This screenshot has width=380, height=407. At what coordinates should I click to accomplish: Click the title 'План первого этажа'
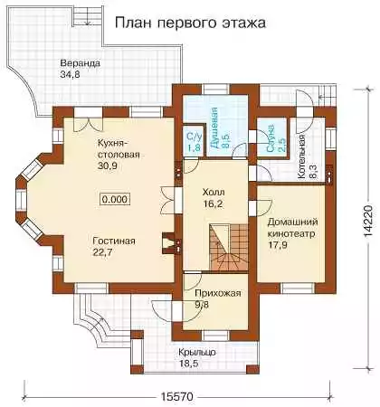click(x=190, y=24)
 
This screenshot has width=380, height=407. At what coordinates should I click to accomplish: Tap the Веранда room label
click(x=80, y=63)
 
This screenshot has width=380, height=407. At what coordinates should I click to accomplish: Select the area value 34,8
click(x=70, y=75)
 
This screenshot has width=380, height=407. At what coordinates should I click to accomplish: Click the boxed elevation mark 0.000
click(x=116, y=199)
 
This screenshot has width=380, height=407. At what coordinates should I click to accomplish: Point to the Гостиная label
click(x=114, y=241)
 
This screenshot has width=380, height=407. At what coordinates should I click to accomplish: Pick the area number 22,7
click(x=102, y=252)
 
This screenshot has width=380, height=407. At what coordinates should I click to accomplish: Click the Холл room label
click(x=214, y=192)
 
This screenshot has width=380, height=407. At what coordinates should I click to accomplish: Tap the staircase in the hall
click(x=229, y=247)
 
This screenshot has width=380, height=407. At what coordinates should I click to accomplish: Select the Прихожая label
click(x=218, y=293)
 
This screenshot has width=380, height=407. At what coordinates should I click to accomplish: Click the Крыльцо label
click(x=197, y=352)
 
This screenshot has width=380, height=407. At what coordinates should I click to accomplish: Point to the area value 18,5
click(x=188, y=364)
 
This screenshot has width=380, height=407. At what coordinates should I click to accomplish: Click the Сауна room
click(x=271, y=137)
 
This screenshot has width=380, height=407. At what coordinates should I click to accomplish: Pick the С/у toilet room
click(x=193, y=141)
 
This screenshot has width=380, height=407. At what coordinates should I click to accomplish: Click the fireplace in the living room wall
click(x=168, y=243)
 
